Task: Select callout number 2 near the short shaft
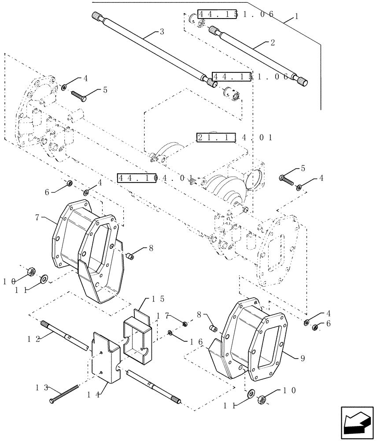[273, 42]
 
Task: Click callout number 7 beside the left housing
[37, 217]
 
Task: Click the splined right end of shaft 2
[302, 82]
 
